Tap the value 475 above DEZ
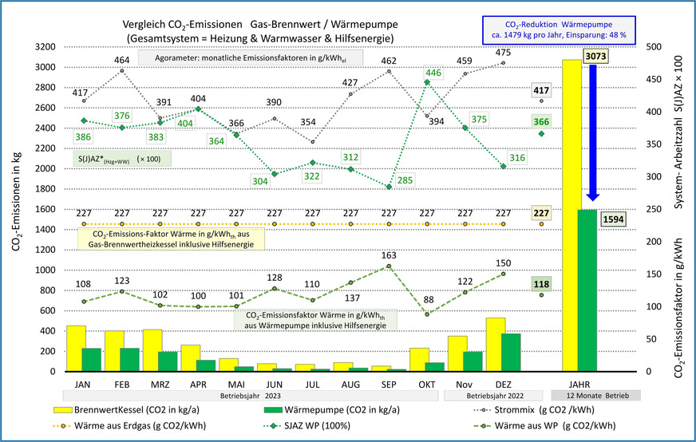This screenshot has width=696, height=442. [504, 53]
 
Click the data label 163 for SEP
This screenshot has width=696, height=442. [389, 256]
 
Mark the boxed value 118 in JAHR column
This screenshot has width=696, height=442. [541, 283]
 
